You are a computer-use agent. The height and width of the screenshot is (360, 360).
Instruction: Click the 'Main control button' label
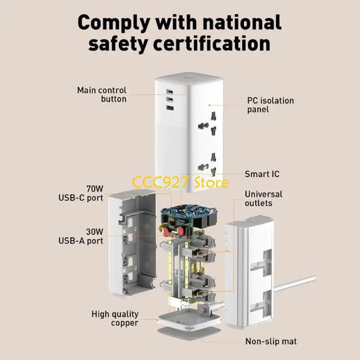click(102, 95)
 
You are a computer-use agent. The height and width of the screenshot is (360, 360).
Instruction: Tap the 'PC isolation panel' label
click(270, 105)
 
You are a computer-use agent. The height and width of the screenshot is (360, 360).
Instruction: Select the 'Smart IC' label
click(262, 174)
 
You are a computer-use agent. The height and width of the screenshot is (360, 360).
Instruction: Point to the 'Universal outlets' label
click(263, 199)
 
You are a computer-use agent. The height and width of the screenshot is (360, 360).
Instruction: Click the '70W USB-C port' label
click(81, 193)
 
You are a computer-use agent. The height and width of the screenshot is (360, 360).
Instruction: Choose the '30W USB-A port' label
click(81, 236)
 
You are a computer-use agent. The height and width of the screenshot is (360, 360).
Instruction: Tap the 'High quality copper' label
click(115, 318)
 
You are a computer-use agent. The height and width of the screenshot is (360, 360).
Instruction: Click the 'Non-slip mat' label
click(271, 341)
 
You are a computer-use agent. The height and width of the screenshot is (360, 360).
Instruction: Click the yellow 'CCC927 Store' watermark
click(180, 182)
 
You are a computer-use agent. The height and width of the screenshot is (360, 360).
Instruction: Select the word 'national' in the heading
click(242, 22)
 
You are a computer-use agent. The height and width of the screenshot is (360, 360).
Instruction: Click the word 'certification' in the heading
click(211, 44)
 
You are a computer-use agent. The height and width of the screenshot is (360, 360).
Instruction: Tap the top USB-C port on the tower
click(170, 91)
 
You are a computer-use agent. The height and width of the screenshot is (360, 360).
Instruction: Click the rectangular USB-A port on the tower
click(170, 107)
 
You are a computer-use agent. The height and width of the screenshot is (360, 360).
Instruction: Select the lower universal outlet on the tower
click(207, 165)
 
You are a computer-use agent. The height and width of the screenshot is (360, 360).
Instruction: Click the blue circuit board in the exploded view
click(189, 213)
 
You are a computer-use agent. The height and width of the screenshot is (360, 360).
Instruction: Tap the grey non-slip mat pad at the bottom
click(188, 332)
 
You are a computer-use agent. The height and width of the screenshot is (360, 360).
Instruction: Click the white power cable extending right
click(294, 284)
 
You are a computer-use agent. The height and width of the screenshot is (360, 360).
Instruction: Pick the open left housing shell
click(132, 242)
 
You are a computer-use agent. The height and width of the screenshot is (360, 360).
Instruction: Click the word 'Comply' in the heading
click(114, 23)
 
